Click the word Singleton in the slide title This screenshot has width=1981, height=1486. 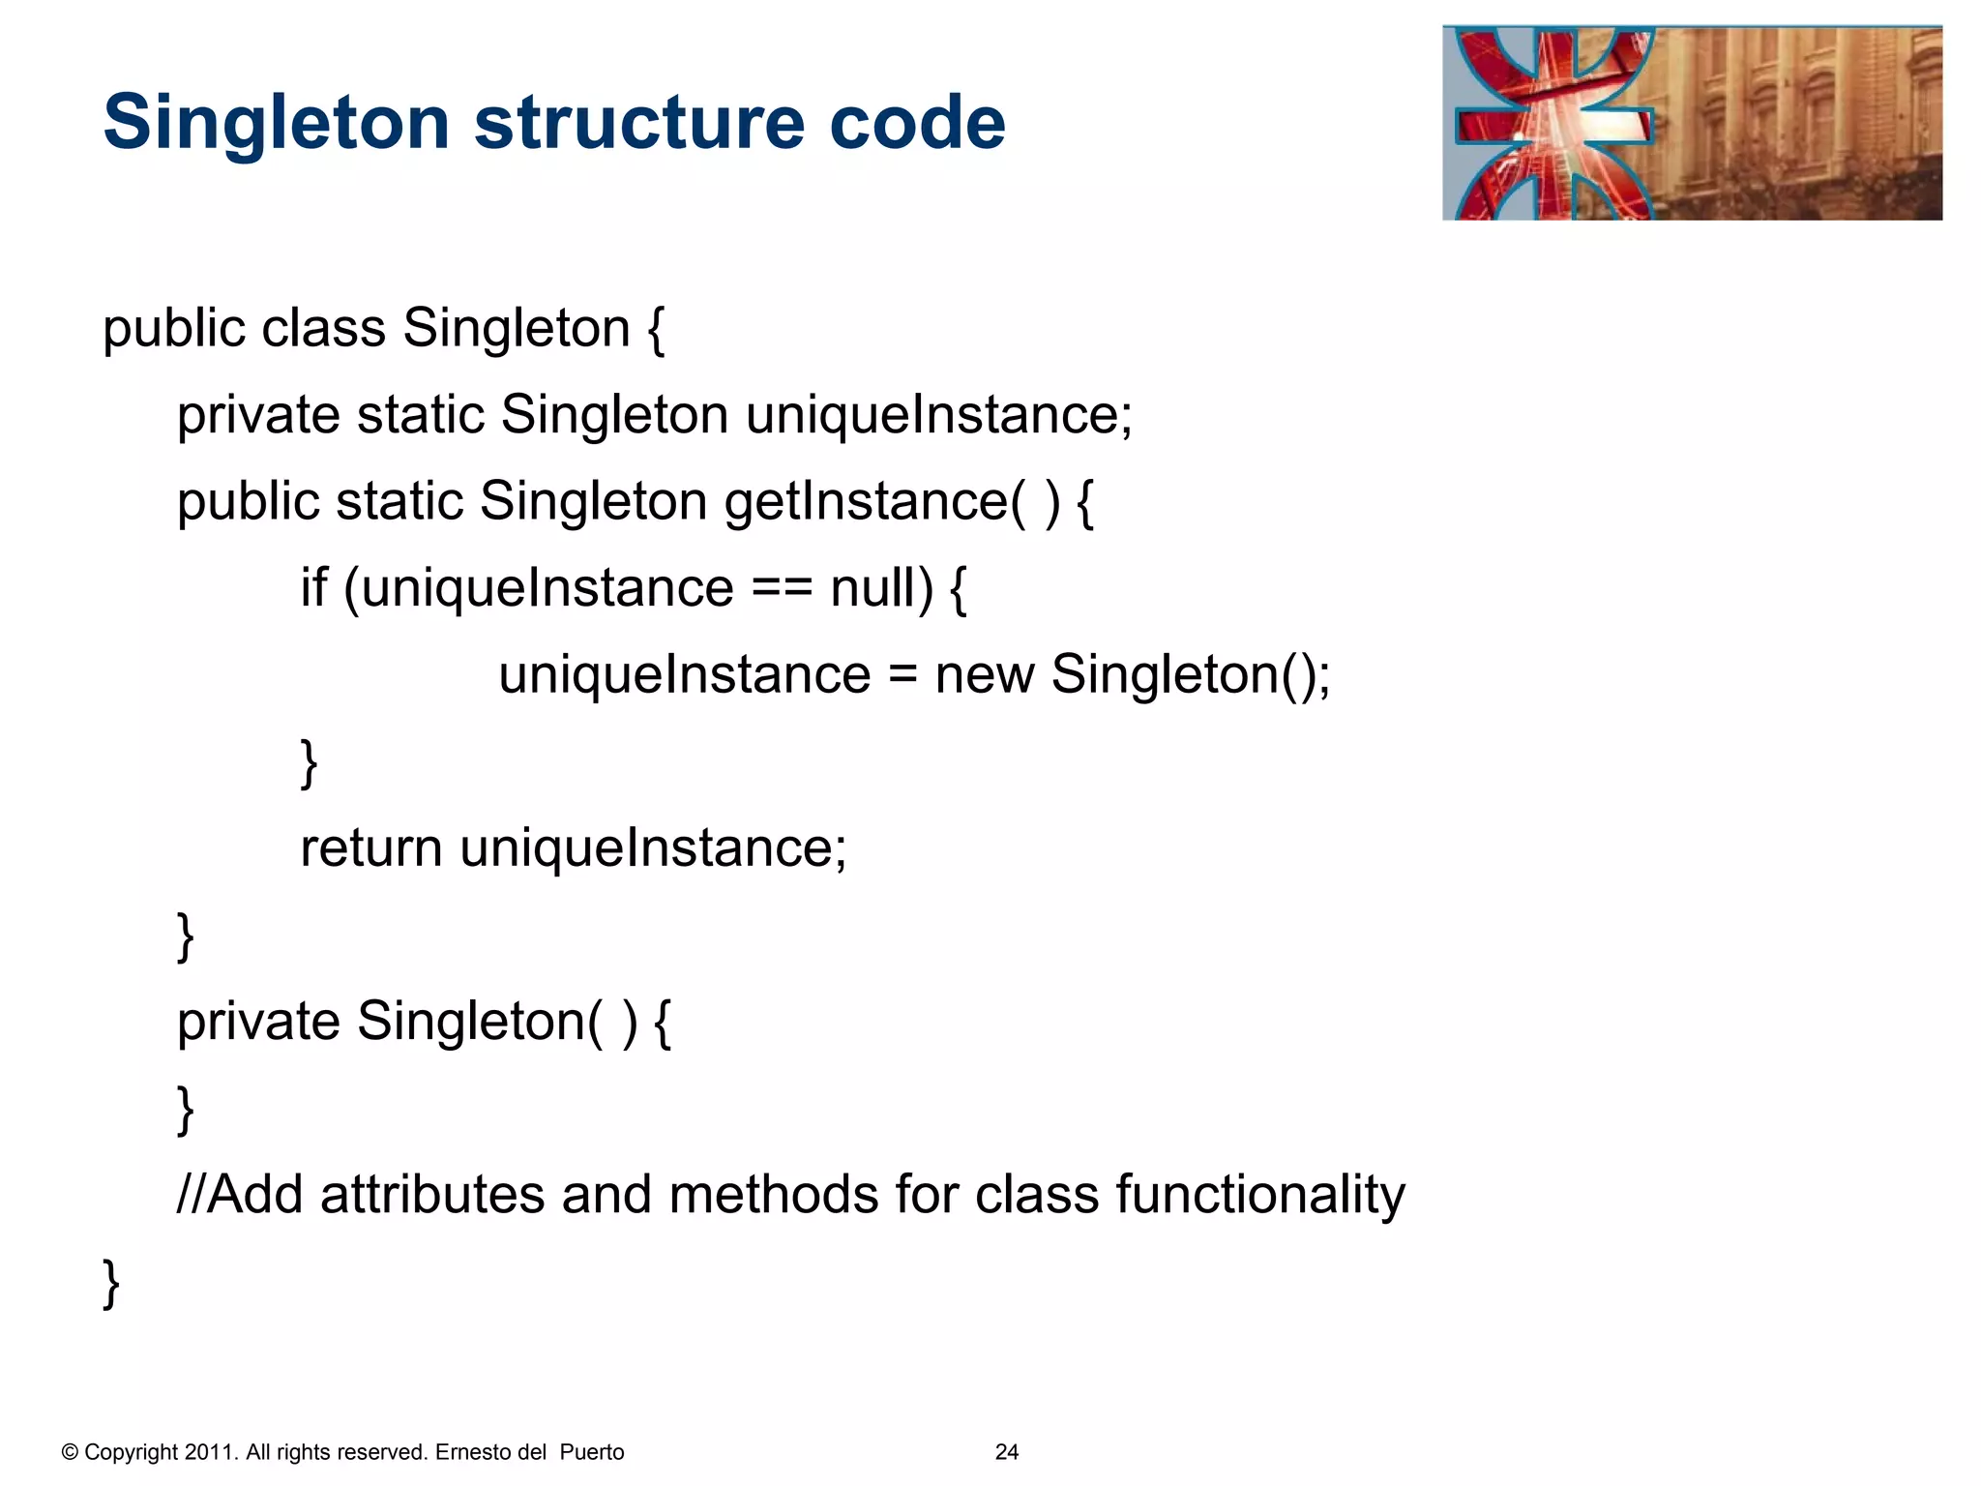click(x=277, y=124)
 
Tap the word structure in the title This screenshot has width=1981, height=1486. click(x=639, y=124)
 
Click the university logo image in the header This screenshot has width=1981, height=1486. click(x=1691, y=123)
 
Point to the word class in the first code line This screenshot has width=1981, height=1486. click(x=324, y=328)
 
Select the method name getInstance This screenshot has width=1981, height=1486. click(x=866, y=502)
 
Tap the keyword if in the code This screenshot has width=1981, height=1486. click(x=313, y=588)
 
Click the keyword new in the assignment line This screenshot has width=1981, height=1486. click(x=984, y=675)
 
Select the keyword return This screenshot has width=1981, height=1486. click(x=371, y=848)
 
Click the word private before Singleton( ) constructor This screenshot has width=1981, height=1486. click(x=258, y=1022)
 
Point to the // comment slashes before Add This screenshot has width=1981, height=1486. click(x=191, y=1194)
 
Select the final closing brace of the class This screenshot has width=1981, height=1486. click(x=111, y=1283)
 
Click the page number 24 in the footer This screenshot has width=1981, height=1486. click(x=1006, y=1452)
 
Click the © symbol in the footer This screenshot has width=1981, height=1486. click(x=70, y=1452)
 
